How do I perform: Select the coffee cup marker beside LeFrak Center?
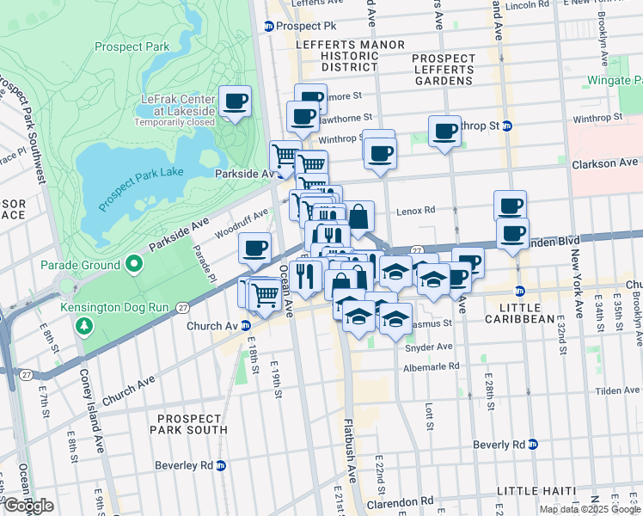pos(235,102)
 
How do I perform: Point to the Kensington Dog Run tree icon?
pos(83,326)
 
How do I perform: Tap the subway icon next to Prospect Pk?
pos(269,26)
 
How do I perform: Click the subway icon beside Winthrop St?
pos(507,126)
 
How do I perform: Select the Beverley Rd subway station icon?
pos(221,465)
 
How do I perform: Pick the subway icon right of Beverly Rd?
pos(533,445)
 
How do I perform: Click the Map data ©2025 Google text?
pos(589,509)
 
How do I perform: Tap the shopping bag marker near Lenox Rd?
pos(358,217)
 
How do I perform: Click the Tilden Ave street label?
pos(616,390)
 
